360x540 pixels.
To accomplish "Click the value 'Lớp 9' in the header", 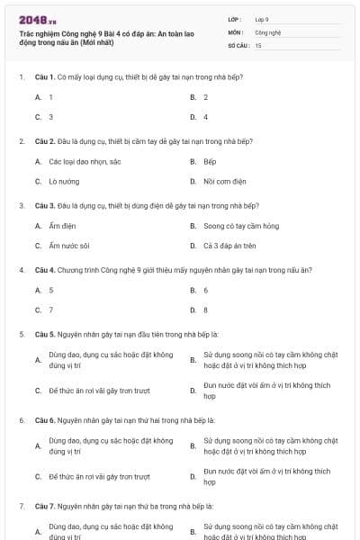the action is tap(262, 19).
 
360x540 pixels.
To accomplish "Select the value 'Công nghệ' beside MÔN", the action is tap(267, 31).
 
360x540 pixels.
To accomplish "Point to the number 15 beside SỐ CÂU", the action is tap(258, 44).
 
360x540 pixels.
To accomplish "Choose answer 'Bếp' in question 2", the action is tap(210, 162).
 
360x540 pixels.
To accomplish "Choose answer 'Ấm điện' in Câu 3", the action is tap(62, 226).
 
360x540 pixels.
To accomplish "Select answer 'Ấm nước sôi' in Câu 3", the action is tap(69, 246).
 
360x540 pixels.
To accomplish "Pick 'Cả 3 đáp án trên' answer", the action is tap(230, 246).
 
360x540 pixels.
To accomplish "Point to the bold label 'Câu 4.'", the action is tap(46, 270).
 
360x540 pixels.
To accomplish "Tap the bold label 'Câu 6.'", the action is tap(46, 420).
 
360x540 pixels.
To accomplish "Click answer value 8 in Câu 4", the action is tap(205, 310).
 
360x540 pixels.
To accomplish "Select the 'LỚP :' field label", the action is tap(235, 19).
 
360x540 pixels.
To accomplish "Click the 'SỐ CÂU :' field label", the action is tap(238, 44).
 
